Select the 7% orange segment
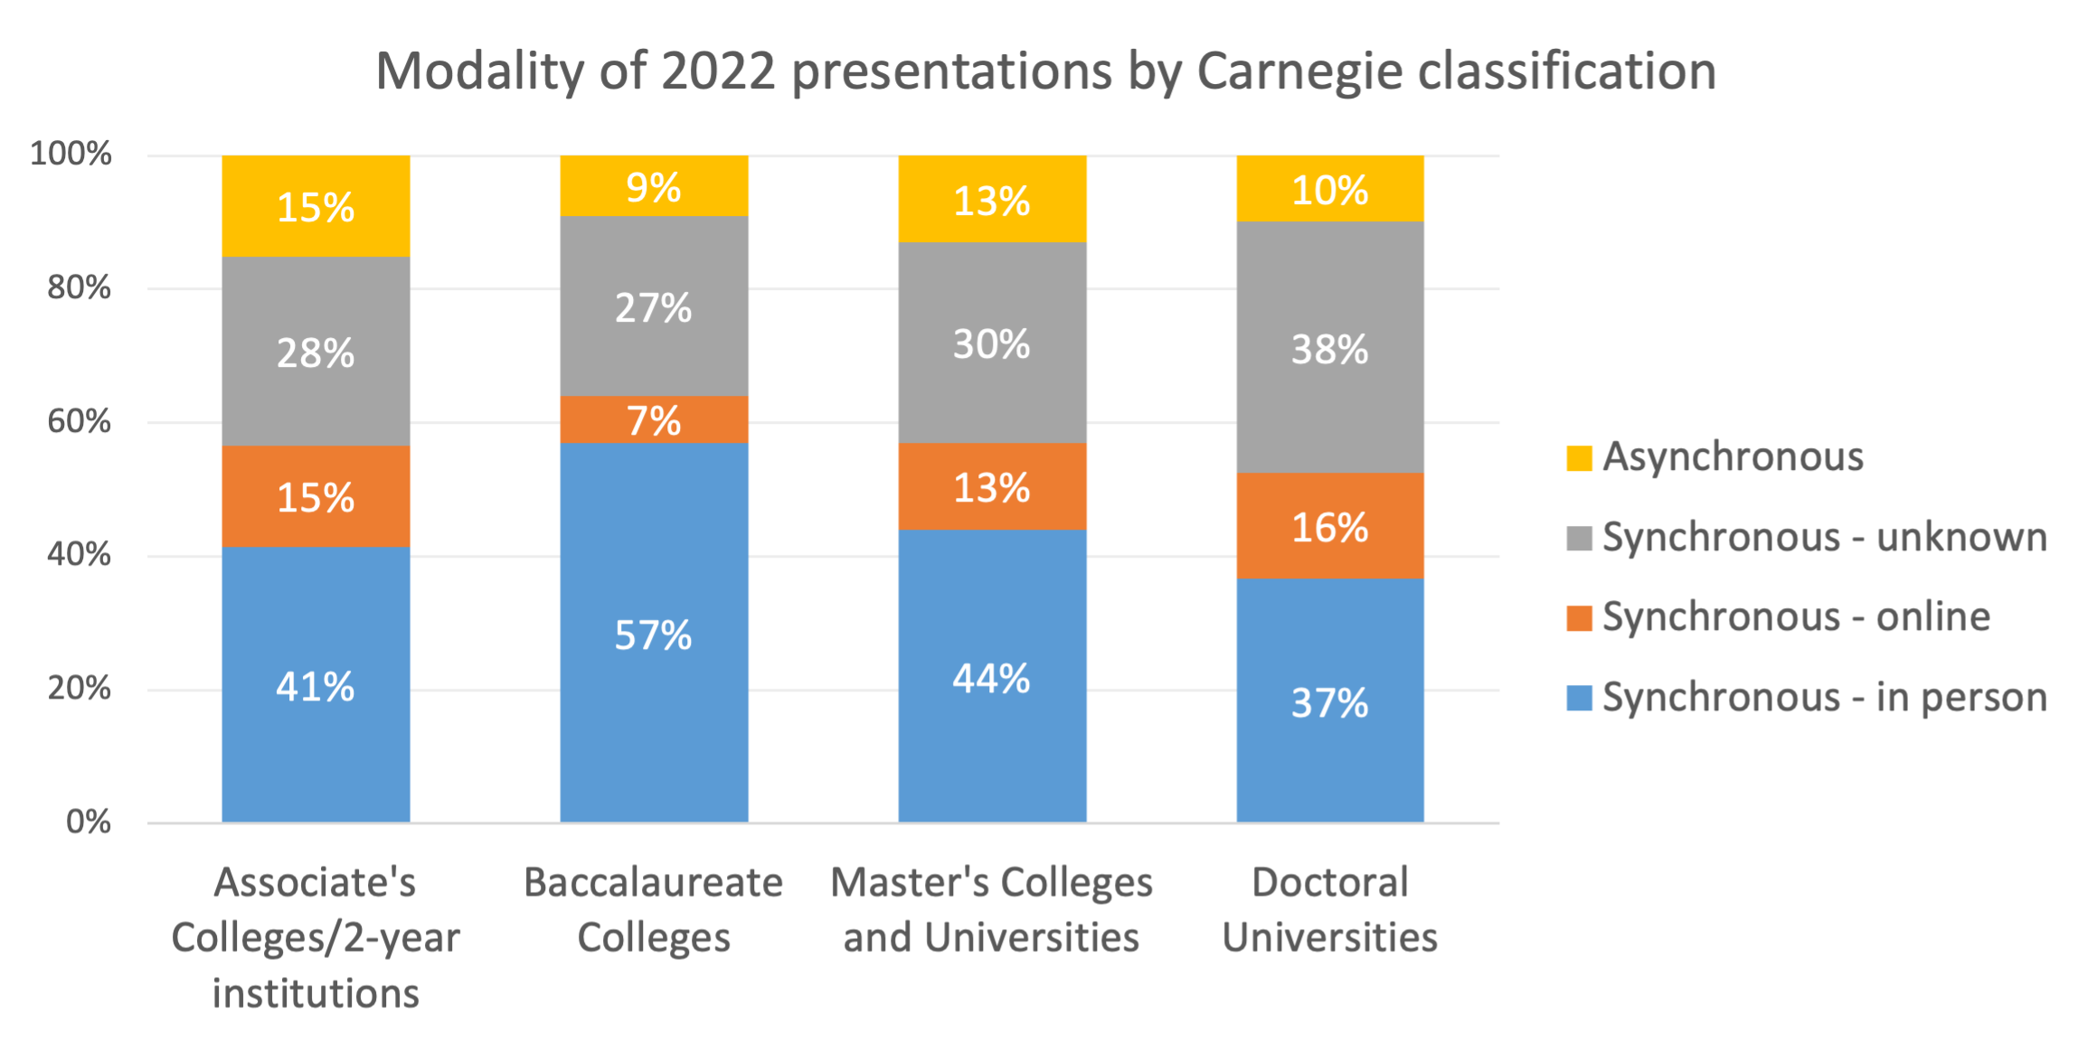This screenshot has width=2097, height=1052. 654,419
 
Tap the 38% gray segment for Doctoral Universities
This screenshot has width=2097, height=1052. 1330,348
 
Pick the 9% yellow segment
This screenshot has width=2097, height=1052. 654,186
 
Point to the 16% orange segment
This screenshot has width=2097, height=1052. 1330,526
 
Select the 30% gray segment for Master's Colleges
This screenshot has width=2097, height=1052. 992,343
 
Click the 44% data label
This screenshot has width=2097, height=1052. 992,679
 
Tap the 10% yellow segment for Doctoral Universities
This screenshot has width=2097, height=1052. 1330,189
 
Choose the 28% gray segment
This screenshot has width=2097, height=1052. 316,352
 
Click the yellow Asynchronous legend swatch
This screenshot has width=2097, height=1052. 1579,458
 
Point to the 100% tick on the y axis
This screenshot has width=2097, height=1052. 71,154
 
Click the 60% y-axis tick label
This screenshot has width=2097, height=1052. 79,421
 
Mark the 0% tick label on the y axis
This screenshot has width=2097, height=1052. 88,822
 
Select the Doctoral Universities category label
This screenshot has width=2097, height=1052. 1329,910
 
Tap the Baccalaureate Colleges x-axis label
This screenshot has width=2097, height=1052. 653,910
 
